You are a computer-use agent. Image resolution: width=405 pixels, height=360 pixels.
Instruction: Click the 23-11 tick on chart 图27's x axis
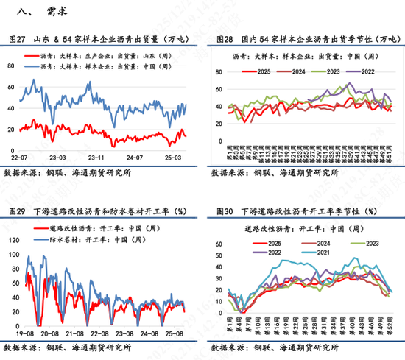96,157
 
